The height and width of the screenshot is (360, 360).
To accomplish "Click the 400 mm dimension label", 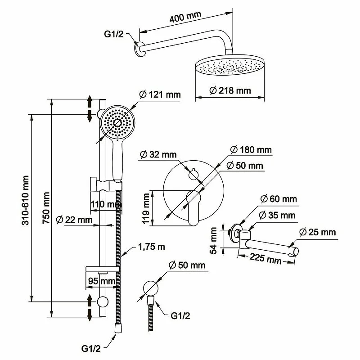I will click(x=185, y=18).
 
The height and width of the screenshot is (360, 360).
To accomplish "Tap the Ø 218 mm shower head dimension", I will click(x=230, y=91).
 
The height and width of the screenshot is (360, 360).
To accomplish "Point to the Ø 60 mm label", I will click(x=279, y=198).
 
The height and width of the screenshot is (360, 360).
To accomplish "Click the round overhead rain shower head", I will click(x=229, y=68).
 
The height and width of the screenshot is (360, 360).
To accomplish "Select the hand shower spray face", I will click(x=117, y=122).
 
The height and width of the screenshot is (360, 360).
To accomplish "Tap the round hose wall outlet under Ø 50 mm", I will click(x=150, y=288).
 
